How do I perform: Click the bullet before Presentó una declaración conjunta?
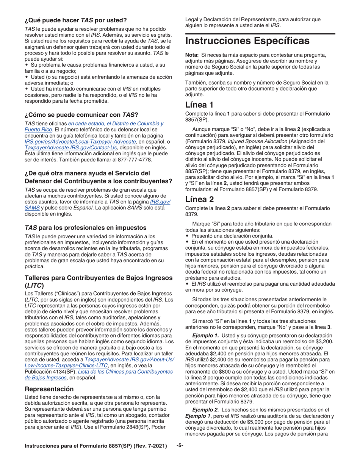coord(186,235)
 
